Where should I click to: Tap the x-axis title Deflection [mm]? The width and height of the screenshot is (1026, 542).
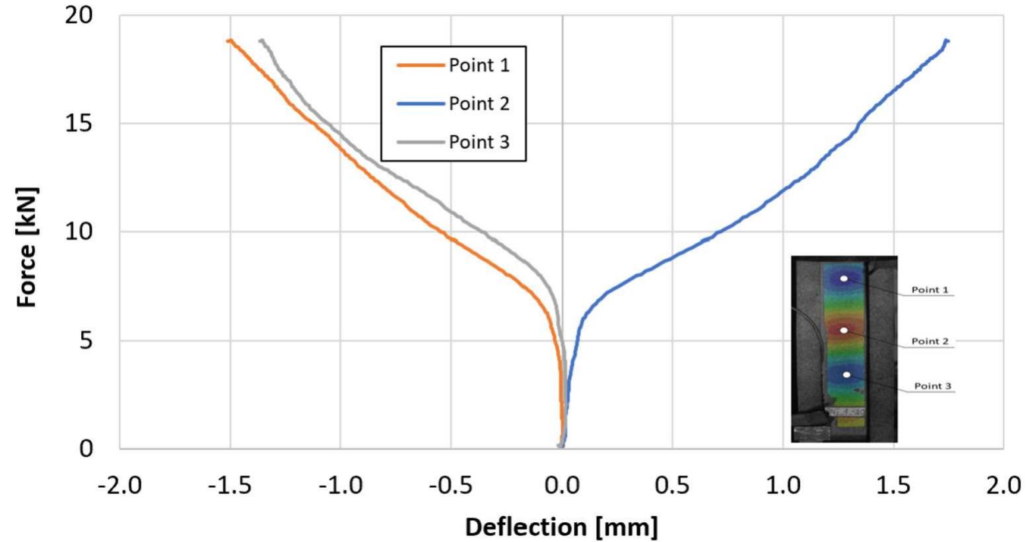561,527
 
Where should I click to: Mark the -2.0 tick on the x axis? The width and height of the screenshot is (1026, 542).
120,486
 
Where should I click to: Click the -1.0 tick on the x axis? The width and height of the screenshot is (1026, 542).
341,486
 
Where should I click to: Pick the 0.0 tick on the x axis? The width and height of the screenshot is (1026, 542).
563,486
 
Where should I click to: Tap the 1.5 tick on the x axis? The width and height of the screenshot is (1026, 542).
893,486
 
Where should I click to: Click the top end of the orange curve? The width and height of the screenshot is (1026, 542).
229,41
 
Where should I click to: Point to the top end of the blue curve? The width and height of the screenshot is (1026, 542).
947,41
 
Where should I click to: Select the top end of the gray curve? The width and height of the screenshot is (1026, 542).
261,41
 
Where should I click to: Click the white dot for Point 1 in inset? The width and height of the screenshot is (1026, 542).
844,279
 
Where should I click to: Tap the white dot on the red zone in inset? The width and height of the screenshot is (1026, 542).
844,330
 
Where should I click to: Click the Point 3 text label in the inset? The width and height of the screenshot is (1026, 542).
932,386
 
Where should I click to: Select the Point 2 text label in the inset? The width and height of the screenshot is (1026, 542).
930,341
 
